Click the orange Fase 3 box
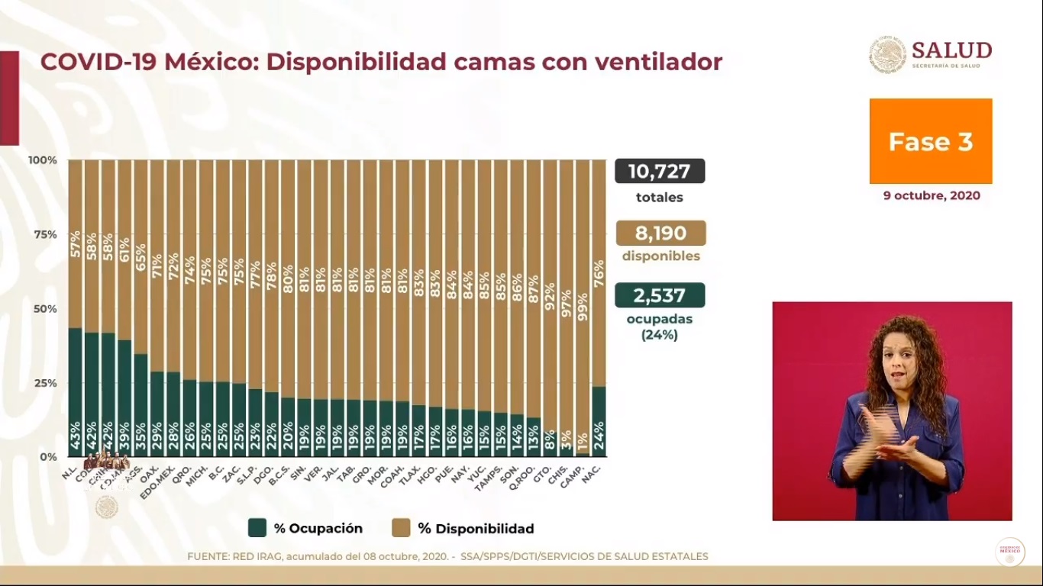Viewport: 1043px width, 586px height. pos(931,141)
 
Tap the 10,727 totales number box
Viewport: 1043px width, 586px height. pos(660,171)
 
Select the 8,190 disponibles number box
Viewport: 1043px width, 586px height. pos(660,233)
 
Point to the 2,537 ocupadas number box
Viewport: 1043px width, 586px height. pos(660,295)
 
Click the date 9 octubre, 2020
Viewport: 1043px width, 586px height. pos(932,195)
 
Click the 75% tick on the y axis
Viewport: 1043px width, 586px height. pos(43,234)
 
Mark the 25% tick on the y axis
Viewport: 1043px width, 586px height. pos(43,383)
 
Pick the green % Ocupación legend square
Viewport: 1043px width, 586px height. pos(257,528)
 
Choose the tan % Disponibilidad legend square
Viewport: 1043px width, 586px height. pos(401,528)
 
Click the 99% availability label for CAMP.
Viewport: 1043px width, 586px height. pos(583,307)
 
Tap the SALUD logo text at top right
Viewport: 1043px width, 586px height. pos(951,50)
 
